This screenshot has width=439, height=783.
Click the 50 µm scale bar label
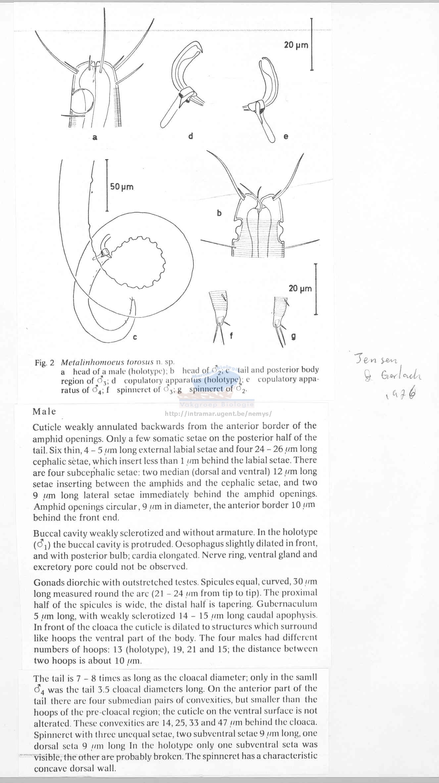(x=122, y=187)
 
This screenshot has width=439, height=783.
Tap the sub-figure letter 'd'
(x=190, y=136)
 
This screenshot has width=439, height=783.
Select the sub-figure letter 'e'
(x=286, y=136)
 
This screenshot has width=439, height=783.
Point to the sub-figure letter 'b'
(x=219, y=213)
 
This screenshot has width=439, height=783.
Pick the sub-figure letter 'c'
(x=135, y=337)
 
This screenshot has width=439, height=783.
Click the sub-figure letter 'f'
(x=231, y=336)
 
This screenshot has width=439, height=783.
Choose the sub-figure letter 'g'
(x=293, y=337)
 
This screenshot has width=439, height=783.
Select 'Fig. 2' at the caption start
(x=44, y=363)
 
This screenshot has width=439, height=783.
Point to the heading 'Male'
(x=44, y=412)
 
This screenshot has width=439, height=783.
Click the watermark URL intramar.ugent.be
(x=218, y=414)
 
